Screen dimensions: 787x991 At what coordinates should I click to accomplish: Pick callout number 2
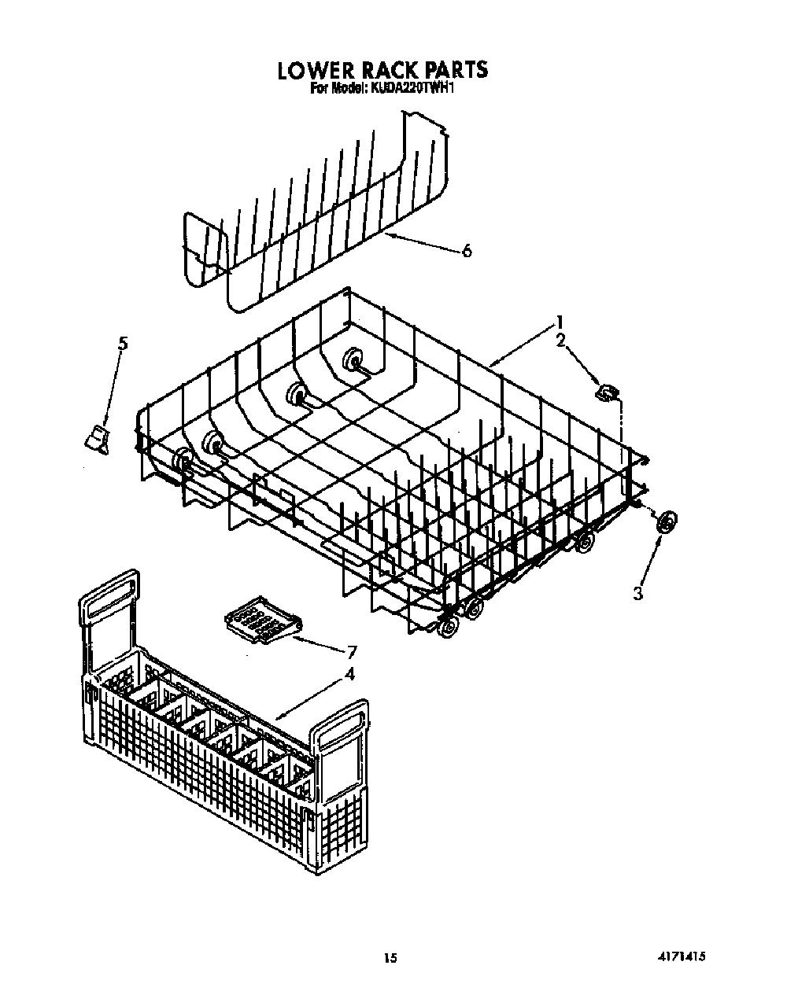pyautogui.click(x=561, y=341)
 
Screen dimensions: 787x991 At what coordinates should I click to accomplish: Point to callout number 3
pyautogui.click(x=637, y=593)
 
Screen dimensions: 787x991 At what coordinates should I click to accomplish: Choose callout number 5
pyautogui.click(x=123, y=344)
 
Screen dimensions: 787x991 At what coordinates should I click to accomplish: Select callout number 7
pyautogui.click(x=352, y=651)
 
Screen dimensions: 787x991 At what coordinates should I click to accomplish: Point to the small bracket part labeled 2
pyautogui.click(x=608, y=392)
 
